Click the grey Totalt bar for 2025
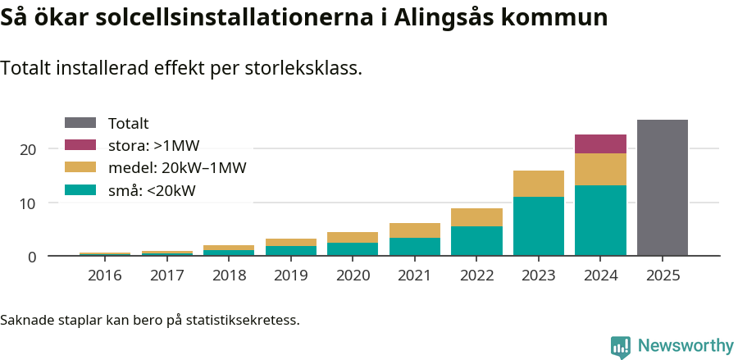point(663,188)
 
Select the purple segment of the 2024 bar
point(600,144)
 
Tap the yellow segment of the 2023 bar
point(538,184)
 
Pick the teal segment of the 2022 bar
point(476,241)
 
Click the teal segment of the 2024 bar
point(600,221)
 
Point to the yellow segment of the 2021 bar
point(414,230)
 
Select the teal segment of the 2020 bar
point(353,249)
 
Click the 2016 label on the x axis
point(105,276)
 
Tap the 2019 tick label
point(291,276)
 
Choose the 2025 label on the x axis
point(663,276)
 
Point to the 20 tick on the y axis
point(29,149)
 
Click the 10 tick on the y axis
point(29,203)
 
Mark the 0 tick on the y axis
point(33,257)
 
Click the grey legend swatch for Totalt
point(80,123)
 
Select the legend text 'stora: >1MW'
point(153,146)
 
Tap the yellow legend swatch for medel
point(80,168)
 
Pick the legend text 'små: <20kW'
point(152,191)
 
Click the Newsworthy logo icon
point(621,346)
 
